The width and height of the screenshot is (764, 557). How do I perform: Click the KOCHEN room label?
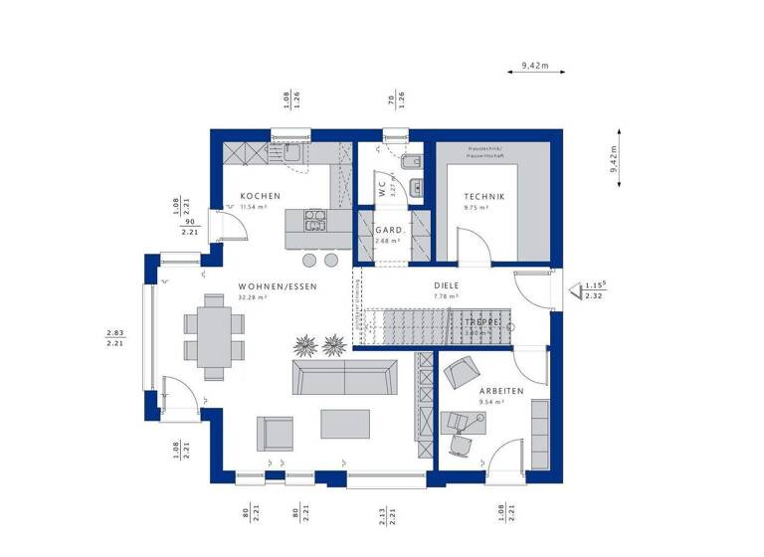pos(260,196)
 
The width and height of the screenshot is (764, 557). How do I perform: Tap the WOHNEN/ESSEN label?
pos(277,286)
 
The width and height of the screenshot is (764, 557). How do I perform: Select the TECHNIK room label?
pos(483,197)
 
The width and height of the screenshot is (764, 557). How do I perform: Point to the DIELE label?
pos(447,285)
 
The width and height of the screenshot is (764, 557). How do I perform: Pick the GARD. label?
pos(387,230)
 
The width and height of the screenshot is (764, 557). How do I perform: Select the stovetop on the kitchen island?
pos(315,220)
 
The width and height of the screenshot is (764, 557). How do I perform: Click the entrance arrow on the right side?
pos(574,290)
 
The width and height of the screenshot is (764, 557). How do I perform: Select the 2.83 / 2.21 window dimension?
pos(114,338)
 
